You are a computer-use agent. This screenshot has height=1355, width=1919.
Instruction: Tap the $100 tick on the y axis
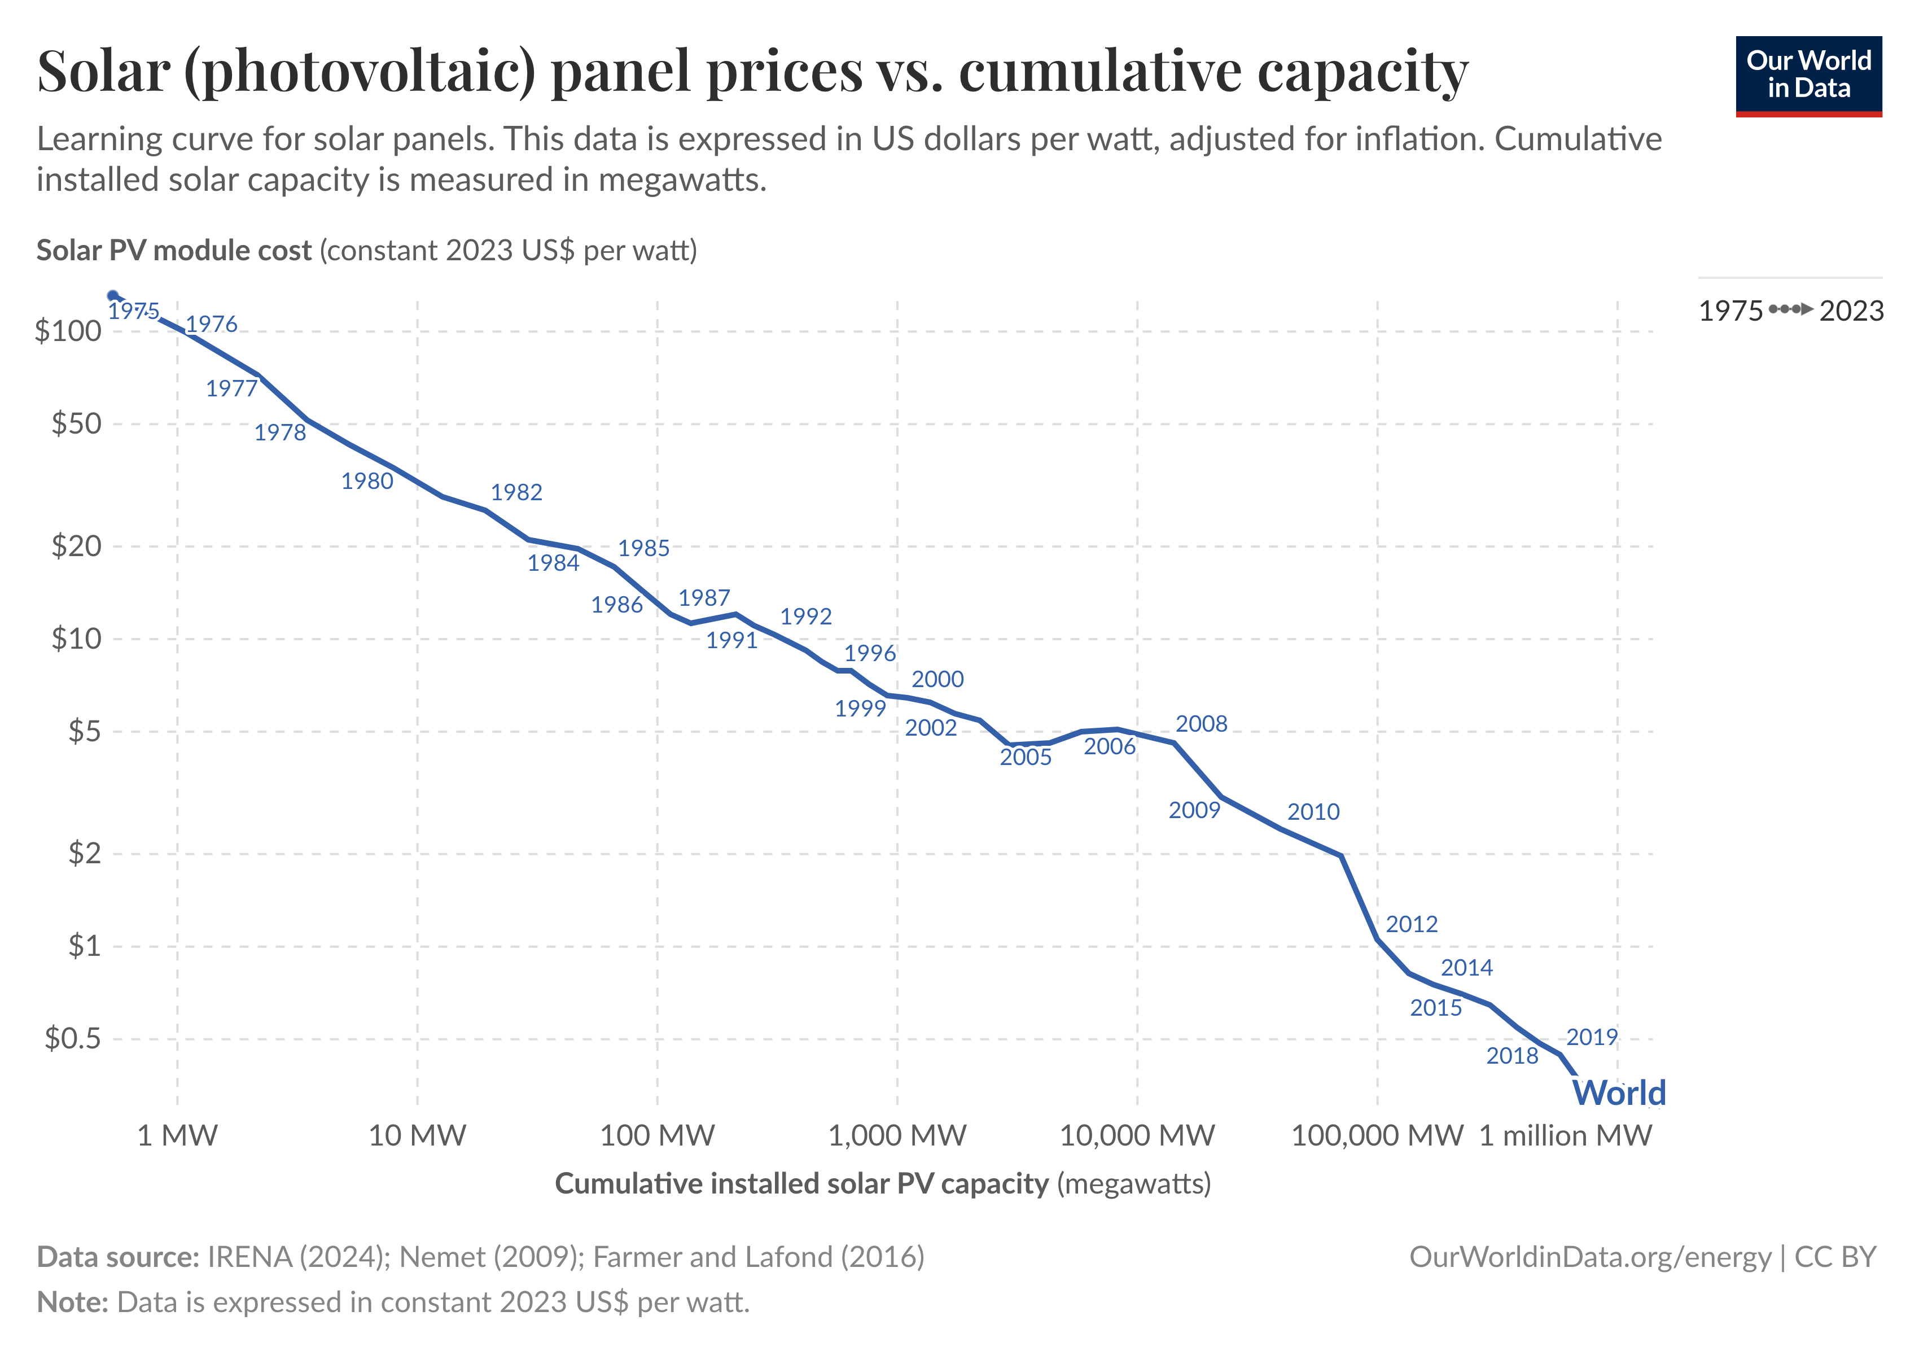68,331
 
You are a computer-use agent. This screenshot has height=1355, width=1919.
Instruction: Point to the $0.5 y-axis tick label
73,1038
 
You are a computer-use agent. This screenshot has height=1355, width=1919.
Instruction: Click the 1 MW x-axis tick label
177,1135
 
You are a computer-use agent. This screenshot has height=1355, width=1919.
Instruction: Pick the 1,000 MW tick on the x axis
897,1135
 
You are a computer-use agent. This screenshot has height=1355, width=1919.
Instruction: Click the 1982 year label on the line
516,492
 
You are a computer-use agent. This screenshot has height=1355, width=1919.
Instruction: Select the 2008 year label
1201,724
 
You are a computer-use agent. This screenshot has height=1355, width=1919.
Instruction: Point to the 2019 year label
1592,1037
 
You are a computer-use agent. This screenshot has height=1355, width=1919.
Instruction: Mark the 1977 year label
231,388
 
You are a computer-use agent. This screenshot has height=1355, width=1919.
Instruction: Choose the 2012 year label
1412,925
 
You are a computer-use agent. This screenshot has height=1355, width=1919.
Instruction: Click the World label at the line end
1619,1092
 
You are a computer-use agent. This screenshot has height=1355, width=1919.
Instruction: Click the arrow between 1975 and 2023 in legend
1791,310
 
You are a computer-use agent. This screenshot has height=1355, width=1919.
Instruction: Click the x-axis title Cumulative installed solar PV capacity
801,1183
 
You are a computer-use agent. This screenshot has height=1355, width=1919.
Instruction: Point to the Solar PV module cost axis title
174,251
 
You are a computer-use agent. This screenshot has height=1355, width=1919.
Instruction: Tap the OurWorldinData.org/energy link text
1590,1257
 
